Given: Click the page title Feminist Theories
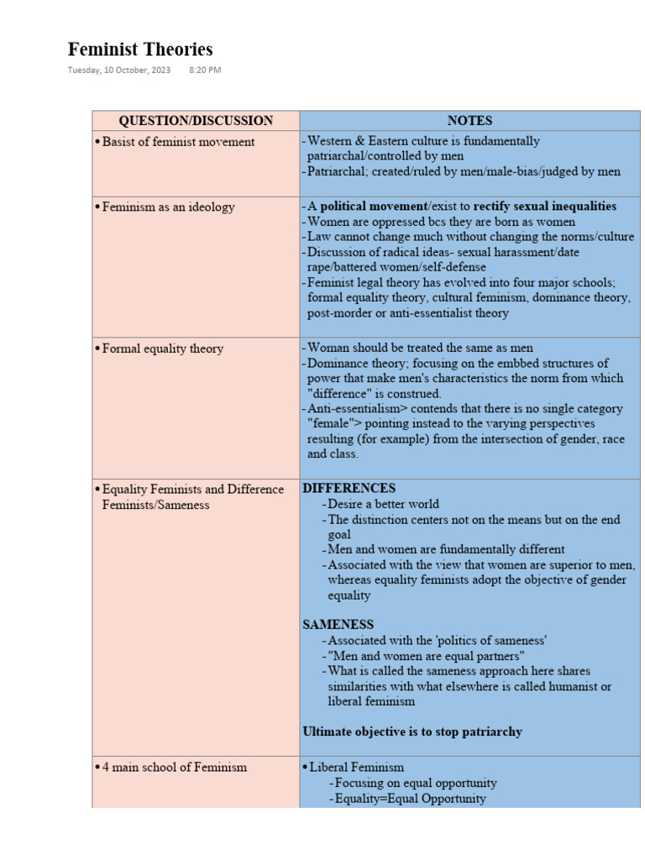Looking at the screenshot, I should pos(140,50).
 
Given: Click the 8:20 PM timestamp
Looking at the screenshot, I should pos(206,71).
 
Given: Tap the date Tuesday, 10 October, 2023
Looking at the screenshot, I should pos(119,71).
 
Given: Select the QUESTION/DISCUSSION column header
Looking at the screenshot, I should pos(196,121).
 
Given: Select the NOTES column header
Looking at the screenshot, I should pos(469,121).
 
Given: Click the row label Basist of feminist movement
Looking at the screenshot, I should pos(178,142).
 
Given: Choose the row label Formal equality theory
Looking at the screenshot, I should pos(162,349).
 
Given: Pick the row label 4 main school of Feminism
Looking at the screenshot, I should pos(174,767).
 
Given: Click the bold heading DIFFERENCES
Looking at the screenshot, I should pos(349,488).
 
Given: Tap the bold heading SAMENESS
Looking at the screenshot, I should pos(338,625).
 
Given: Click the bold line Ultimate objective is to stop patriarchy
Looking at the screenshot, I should pos(412,732).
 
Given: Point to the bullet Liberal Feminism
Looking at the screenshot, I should pos(356,767).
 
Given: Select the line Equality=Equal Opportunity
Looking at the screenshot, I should pos(410,799).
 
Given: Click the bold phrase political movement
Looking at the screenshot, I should pos(374,207).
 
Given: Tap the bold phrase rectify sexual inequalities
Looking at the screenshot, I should pos(544,207).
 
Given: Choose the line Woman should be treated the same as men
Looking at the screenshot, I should pos(420,348).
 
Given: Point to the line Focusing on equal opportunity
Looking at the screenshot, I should pos(416,783).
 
